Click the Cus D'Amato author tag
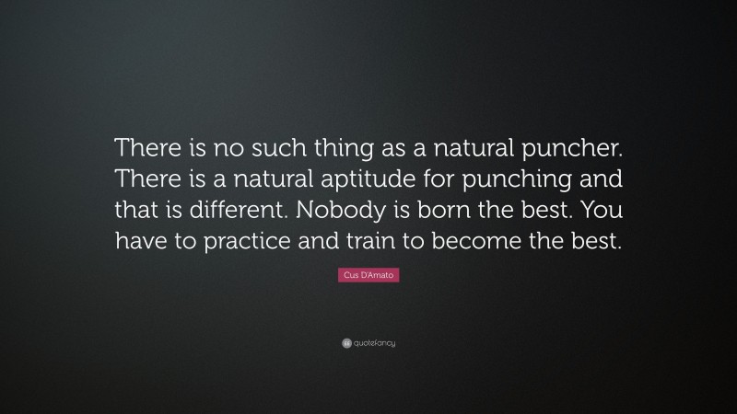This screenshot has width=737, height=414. pos(368,276)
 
